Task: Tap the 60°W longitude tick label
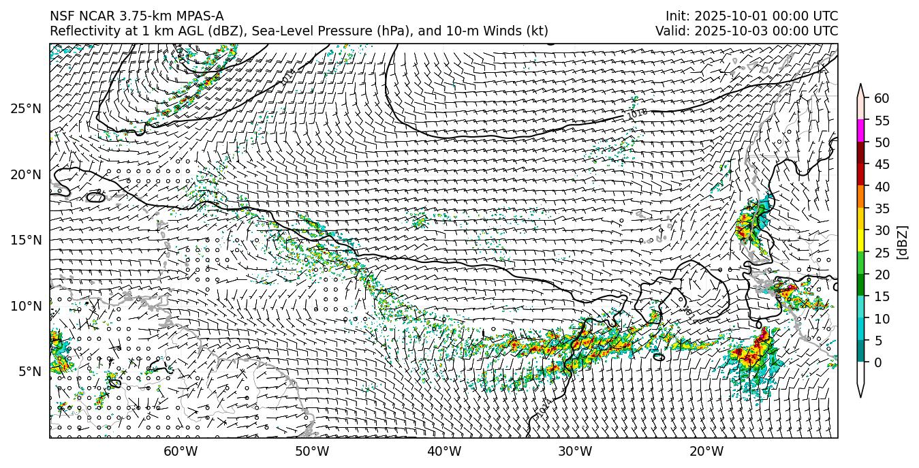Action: [181, 451]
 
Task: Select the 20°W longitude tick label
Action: [706, 451]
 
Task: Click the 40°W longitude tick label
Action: [444, 451]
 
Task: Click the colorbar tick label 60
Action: [882, 99]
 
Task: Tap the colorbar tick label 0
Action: [878, 362]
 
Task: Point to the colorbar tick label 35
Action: [882, 208]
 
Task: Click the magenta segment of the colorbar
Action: [860, 131]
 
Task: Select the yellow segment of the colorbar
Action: [860, 240]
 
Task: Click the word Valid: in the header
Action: [674, 31]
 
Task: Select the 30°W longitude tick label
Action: [575, 451]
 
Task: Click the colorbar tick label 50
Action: [882, 142]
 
